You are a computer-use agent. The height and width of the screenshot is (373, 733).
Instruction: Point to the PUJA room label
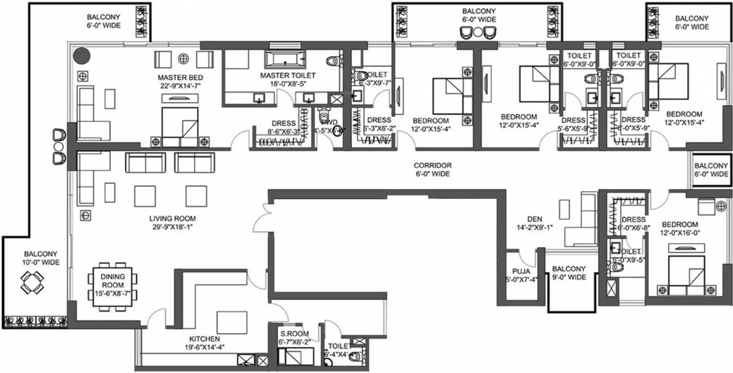[x=521, y=270]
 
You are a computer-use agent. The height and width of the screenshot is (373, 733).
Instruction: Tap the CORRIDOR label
[x=432, y=165]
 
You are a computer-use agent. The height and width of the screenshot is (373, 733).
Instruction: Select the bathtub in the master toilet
[x=284, y=58]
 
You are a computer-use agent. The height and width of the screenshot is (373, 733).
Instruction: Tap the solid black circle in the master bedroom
[x=82, y=55]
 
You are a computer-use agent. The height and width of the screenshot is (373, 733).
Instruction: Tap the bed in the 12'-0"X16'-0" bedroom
[x=686, y=272]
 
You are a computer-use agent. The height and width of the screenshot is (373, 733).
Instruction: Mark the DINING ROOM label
[x=112, y=281]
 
